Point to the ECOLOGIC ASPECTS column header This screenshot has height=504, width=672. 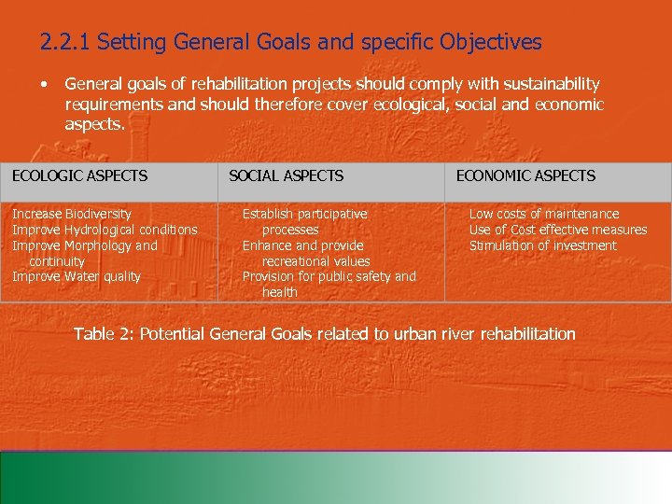(x=79, y=175)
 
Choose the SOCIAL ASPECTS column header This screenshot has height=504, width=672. (x=286, y=175)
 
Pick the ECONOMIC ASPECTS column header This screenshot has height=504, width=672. (x=525, y=175)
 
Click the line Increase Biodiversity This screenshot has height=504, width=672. (x=72, y=215)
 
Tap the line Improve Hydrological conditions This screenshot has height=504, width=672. (x=105, y=230)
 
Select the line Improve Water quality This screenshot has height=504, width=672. (x=77, y=276)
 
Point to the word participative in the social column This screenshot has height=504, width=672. (x=332, y=215)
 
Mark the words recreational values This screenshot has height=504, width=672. (x=315, y=261)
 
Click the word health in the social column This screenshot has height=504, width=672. (x=280, y=292)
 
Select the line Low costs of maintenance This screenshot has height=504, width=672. (x=543, y=215)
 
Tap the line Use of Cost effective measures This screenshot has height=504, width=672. (x=557, y=230)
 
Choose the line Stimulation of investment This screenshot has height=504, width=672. (x=542, y=245)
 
